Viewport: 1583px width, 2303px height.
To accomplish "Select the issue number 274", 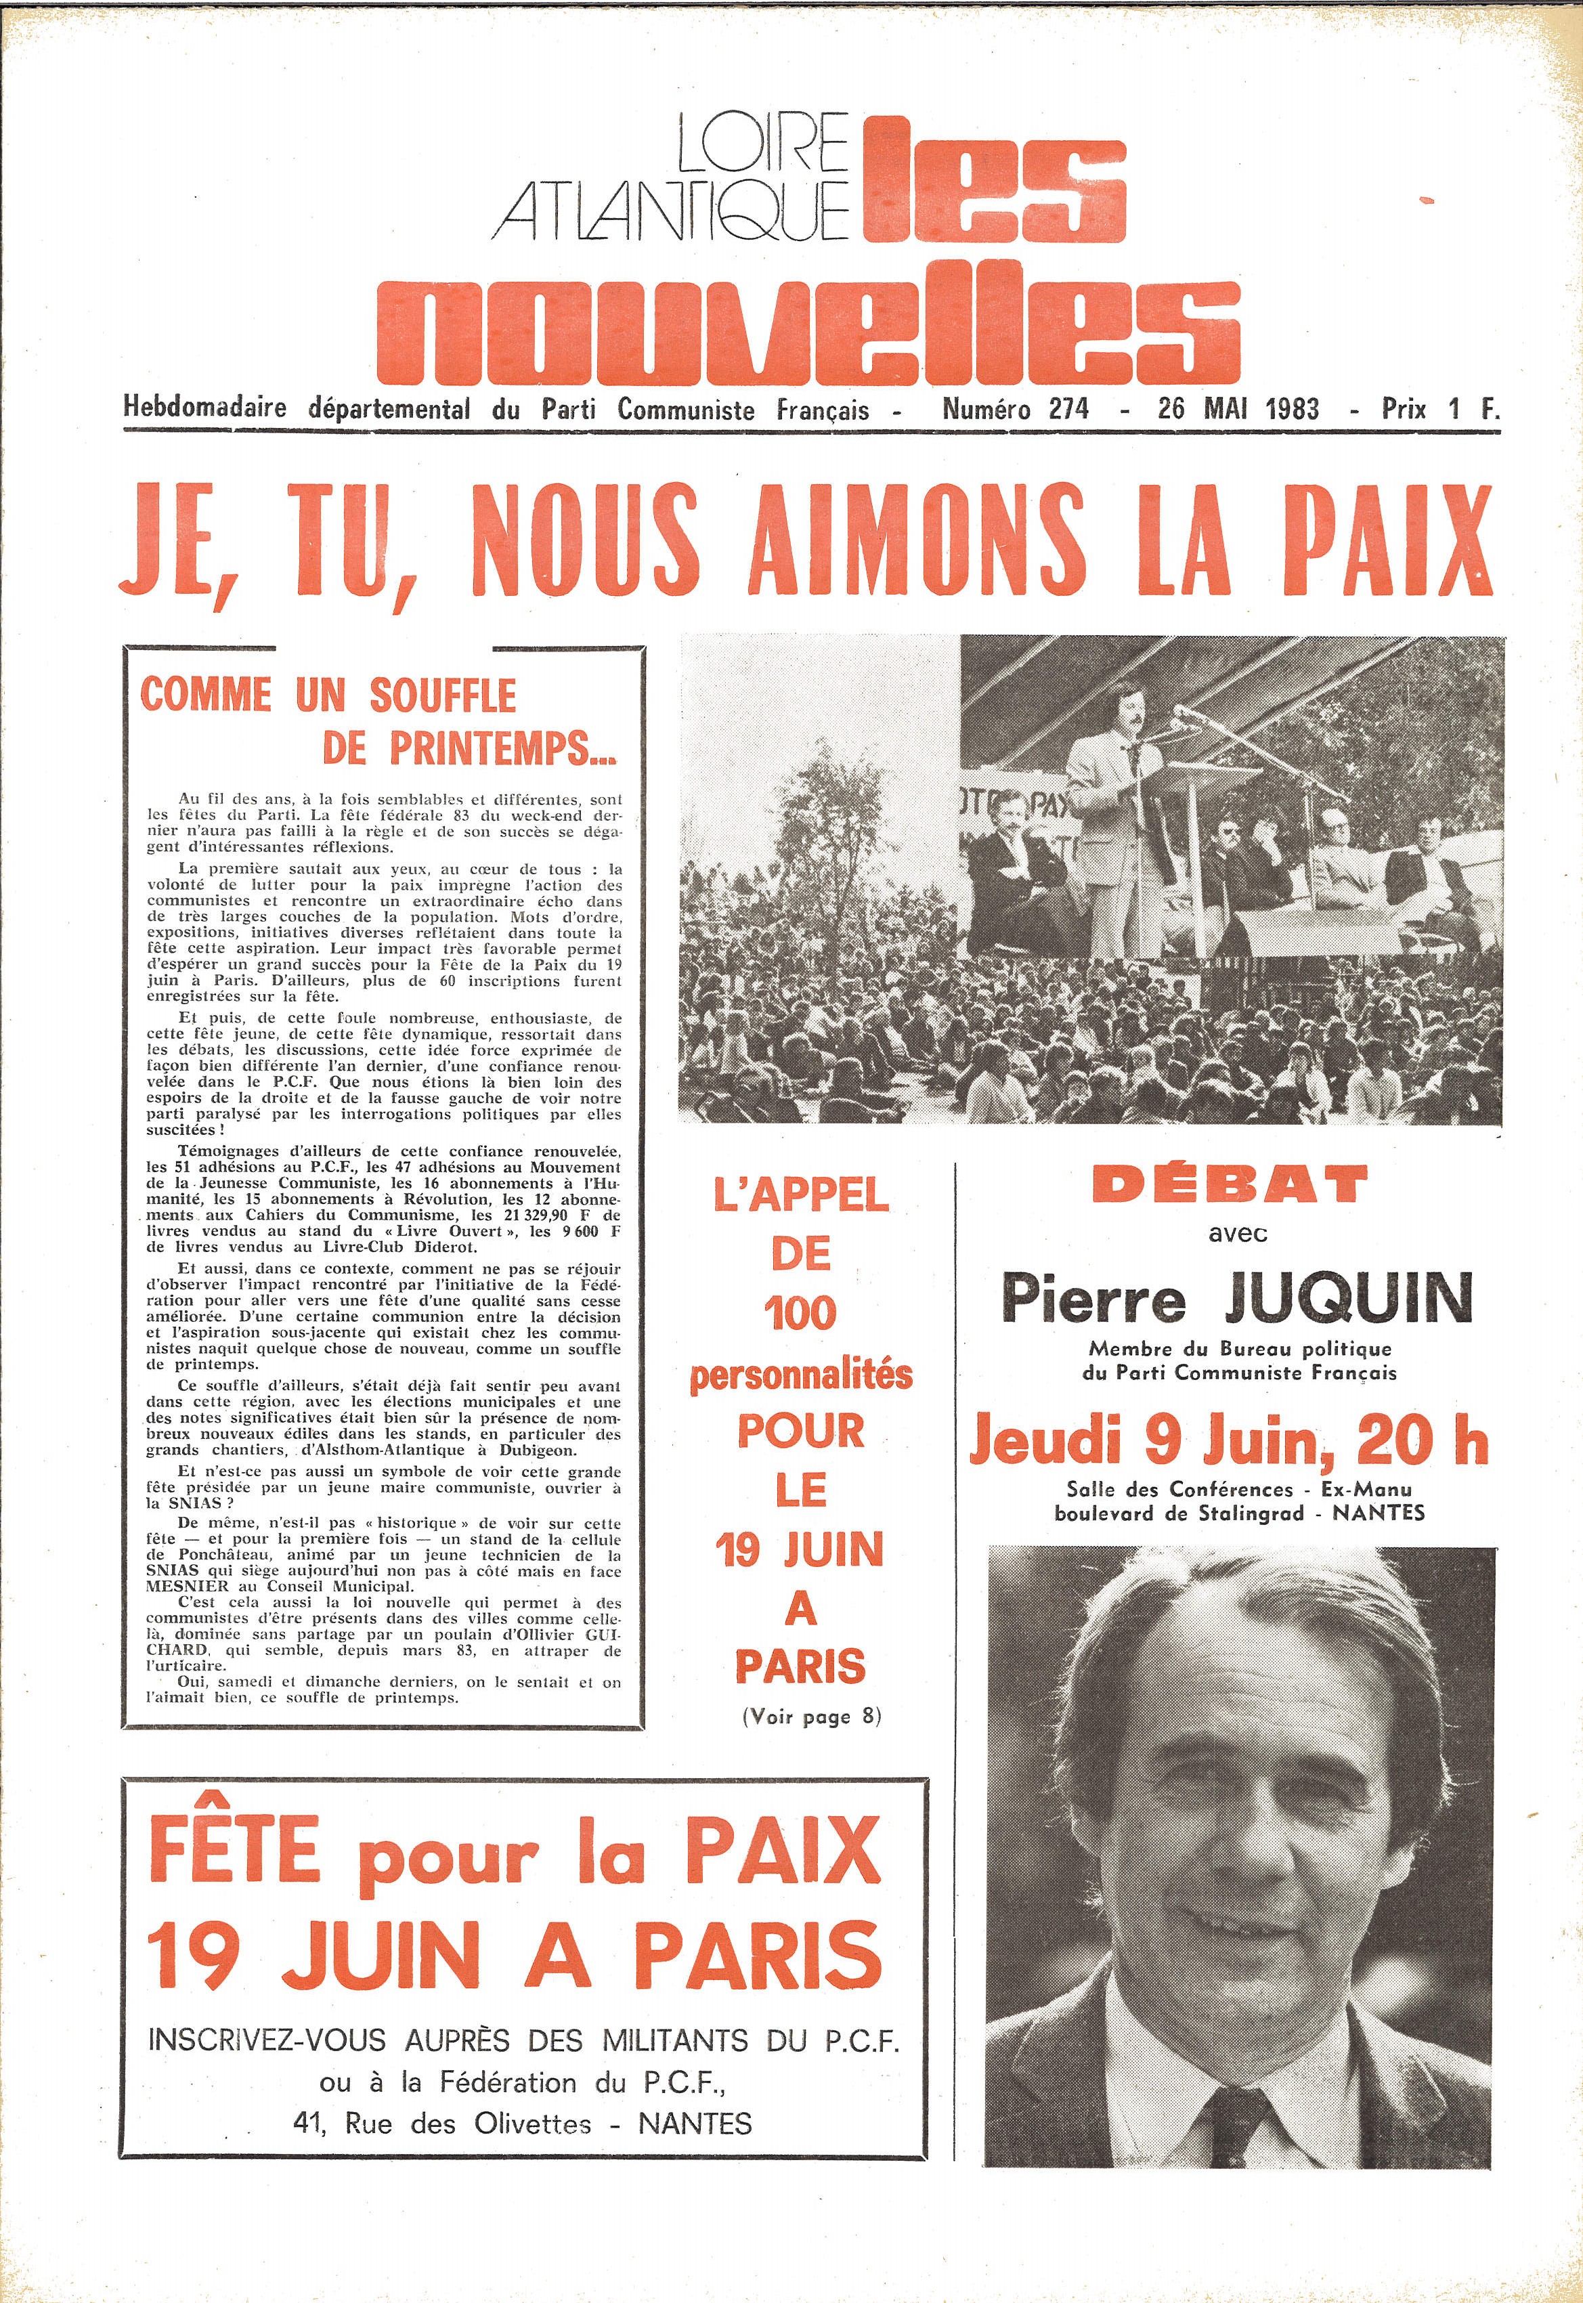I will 1069,408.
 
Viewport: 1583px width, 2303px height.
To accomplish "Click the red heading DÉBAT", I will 1230,1184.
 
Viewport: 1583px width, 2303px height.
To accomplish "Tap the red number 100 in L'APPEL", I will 800,1314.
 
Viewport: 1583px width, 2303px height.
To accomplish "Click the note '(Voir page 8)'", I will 811,1717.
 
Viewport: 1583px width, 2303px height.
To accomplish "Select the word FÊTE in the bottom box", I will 235,1849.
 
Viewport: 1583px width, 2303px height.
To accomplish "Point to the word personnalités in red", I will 800,1375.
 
